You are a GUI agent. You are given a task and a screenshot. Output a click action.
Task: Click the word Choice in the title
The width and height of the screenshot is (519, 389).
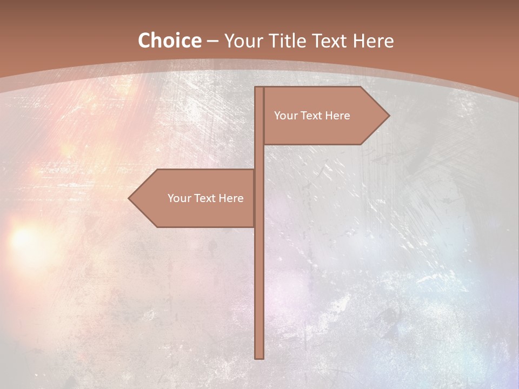click(x=169, y=41)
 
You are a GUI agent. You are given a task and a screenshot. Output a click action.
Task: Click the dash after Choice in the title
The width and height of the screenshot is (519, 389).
click(x=212, y=42)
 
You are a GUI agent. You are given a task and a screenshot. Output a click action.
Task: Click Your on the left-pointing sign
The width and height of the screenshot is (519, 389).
click(x=179, y=198)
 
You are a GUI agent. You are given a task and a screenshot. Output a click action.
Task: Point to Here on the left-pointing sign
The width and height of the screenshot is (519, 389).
click(x=231, y=198)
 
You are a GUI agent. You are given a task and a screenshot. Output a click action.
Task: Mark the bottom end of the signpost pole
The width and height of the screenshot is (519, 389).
click(x=259, y=357)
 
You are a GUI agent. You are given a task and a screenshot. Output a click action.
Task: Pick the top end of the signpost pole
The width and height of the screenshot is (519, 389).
click(x=259, y=89)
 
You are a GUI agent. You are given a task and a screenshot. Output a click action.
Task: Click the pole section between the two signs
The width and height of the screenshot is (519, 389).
click(x=259, y=157)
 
